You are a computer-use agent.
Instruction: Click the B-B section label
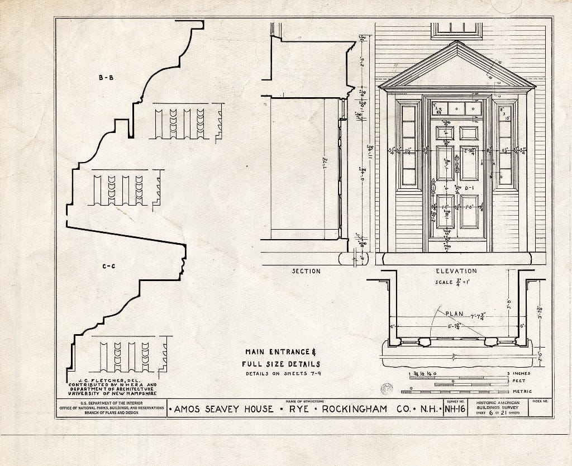(x=106, y=78)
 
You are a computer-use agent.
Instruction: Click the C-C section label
(x=108, y=267)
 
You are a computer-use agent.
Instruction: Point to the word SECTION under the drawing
(x=306, y=271)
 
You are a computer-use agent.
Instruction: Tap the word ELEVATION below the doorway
(x=456, y=271)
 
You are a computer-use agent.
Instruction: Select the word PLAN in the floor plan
(x=454, y=313)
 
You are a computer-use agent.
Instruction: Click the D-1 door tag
(x=469, y=188)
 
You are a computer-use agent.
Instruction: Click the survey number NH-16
(x=455, y=409)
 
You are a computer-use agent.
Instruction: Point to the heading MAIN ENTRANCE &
(x=281, y=352)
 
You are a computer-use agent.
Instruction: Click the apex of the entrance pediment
(x=457, y=42)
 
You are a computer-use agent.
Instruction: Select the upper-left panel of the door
(x=445, y=133)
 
